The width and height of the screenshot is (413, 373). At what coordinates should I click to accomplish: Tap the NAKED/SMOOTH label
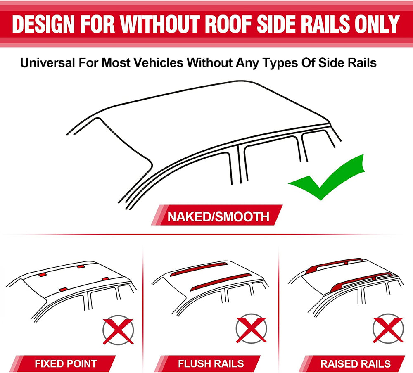click(x=218, y=216)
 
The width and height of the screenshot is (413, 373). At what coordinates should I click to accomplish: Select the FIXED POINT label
click(x=66, y=364)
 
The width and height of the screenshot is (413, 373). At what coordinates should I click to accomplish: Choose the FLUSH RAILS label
click(x=211, y=364)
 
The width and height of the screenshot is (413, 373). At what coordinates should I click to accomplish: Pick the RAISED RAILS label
click(x=355, y=364)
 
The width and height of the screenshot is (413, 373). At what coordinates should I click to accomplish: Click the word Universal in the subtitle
click(x=47, y=63)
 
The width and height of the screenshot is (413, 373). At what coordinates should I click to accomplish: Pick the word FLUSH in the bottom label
click(x=192, y=364)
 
